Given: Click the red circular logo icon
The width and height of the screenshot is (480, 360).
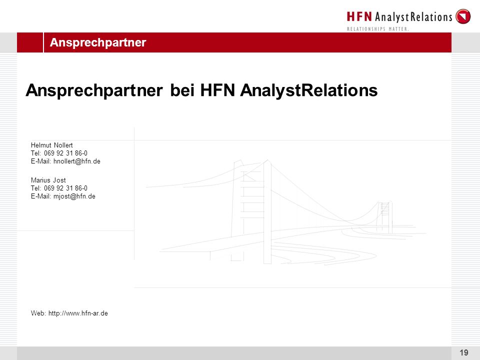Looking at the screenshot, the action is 463,16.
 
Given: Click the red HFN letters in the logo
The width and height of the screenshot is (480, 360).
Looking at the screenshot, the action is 359,16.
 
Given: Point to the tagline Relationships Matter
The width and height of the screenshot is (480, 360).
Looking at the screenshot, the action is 378,29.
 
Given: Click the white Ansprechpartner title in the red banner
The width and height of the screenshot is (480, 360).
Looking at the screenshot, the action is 98,42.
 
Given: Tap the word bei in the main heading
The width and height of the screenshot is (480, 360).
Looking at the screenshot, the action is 182,90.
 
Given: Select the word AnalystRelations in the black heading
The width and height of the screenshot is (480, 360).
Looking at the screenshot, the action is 309,90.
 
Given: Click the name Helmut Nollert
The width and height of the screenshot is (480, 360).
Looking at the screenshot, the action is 51,145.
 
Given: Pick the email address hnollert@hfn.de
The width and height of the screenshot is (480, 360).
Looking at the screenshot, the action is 77,161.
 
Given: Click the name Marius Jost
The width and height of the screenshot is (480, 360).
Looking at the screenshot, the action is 48,180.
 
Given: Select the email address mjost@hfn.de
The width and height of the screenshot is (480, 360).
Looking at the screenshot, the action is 74,196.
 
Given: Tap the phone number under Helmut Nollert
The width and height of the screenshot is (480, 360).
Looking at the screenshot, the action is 65,153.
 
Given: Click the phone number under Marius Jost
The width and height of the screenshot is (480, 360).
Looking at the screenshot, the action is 65,188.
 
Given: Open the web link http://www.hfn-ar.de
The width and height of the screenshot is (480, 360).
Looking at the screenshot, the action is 78,313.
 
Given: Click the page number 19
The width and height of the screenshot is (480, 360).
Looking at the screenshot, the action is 464,352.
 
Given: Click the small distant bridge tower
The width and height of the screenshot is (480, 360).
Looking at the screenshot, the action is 384,217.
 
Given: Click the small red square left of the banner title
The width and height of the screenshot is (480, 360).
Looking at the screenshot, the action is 30,42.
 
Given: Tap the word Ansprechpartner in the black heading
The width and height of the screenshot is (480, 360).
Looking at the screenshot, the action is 94,90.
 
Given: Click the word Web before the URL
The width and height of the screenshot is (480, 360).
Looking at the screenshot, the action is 38,313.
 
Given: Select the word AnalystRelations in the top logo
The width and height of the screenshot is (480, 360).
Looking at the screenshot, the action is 413,17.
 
